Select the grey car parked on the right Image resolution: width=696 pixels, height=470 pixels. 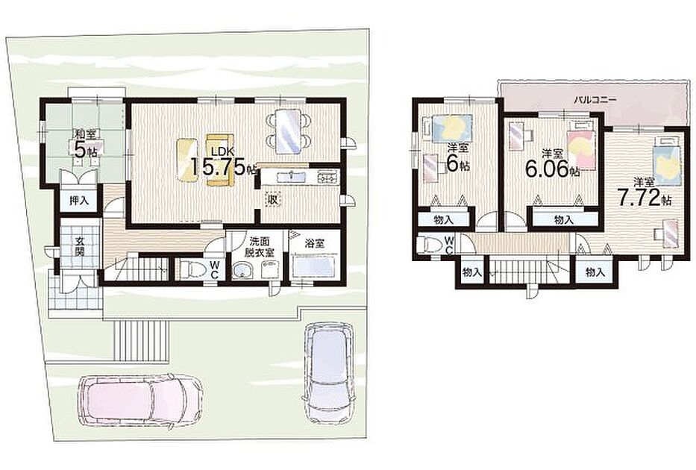[x=329, y=372]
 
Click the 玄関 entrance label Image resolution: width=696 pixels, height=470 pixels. [x=80, y=246]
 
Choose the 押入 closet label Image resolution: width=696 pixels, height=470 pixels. [x=80, y=201]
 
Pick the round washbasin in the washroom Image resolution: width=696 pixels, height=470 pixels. [x=242, y=270]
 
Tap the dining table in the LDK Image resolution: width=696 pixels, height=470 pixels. [x=288, y=131]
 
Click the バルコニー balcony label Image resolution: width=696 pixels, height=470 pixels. [x=595, y=100]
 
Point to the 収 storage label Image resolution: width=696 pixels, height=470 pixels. [x=272, y=200]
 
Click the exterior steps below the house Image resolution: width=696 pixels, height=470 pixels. [x=141, y=340]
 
